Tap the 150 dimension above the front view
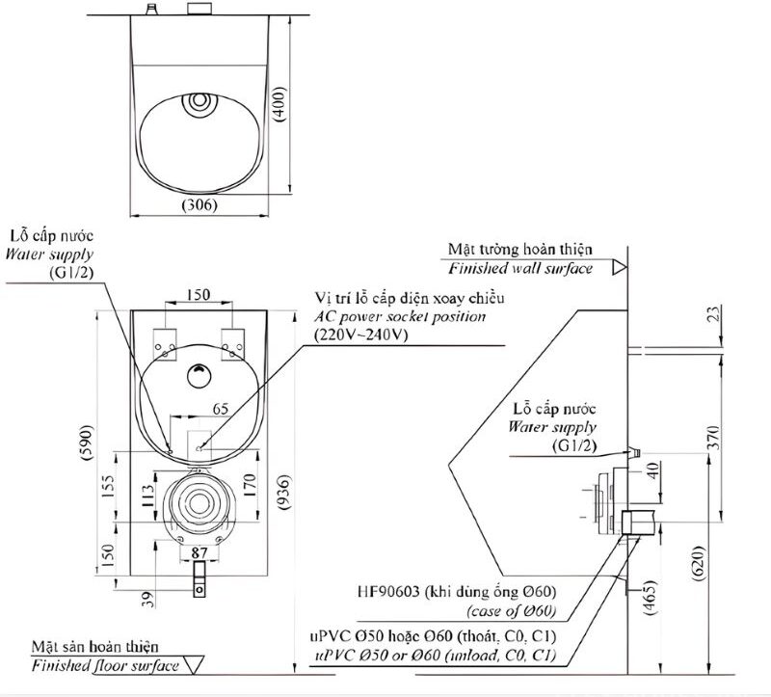(x=199, y=294)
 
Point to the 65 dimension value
(x=220, y=408)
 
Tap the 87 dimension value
(x=199, y=552)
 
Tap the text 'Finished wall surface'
(x=520, y=268)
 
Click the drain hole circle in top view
(x=200, y=100)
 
